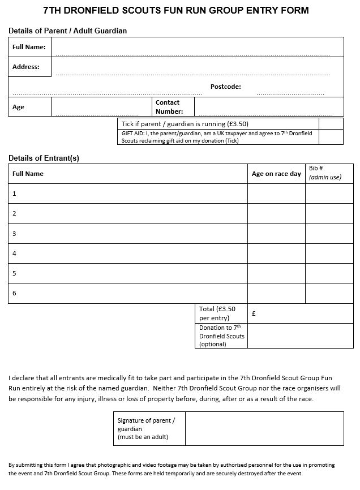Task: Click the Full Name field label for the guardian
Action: click(x=29, y=47)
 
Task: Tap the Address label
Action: click(x=26, y=67)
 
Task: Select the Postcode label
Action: click(x=225, y=87)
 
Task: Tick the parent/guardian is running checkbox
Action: click(x=331, y=124)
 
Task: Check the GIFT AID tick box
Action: click(x=331, y=137)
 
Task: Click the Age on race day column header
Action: click(x=276, y=174)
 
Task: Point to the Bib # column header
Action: click(x=324, y=173)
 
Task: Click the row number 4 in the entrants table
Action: click(x=15, y=253)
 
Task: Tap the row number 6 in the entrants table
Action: click(x=15, y=293)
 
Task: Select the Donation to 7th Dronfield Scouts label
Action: click(x=221, y=336)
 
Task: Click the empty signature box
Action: click(x=264, y=428)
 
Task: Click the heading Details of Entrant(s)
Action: click(x=44, y=158)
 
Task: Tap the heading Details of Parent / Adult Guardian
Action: click(x=67, y=31)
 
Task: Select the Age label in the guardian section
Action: click(x=18, y=107)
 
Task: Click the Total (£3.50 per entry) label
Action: click(x=217, y=313)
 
